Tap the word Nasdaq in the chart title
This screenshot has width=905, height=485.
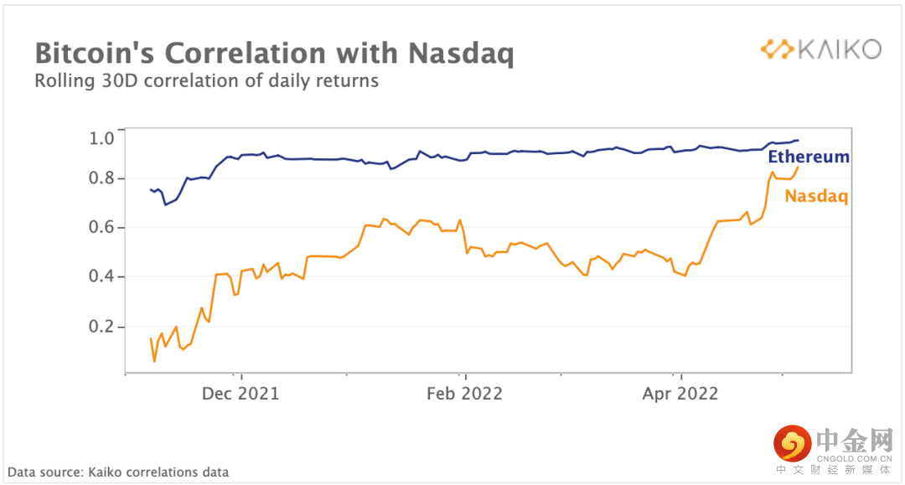[x=460, y=54]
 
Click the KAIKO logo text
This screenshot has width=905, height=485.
[x=838, y=49]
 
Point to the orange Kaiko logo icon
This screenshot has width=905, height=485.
[x=777, y=49]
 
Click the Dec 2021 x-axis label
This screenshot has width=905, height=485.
[x=240, y=393]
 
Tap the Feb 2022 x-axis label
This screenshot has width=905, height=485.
[x=463, y=393]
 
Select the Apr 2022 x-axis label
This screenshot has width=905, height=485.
[x=680, y=393]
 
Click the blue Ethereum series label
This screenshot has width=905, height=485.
[x=809, y=157]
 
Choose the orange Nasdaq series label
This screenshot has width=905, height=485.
[x=816, y=197]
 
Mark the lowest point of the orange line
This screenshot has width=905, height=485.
[x=154, y=361]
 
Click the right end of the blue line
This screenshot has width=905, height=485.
[x=799, y=140]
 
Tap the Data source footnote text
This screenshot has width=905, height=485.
[x=118, y=472]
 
